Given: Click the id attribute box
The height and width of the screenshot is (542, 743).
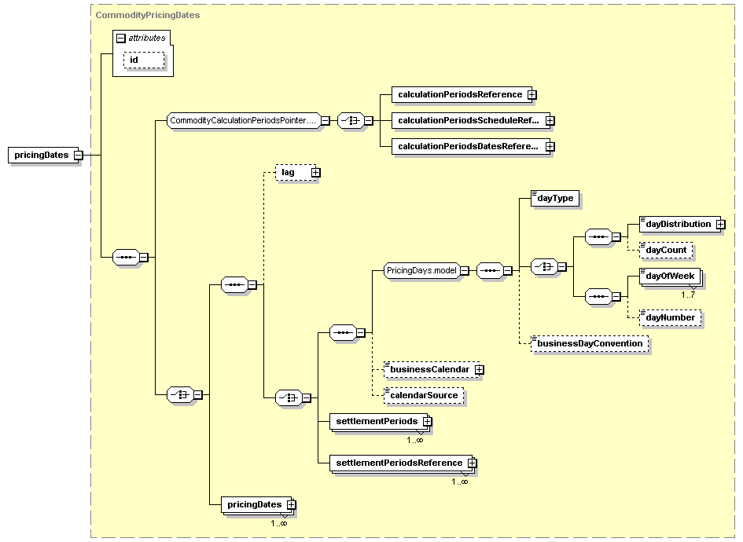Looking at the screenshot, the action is pyautogui.click(x=144, y=60).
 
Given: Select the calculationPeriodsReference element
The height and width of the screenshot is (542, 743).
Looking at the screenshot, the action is pyautogui.click(x=464, y=94).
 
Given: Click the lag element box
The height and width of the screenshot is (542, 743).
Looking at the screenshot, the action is pyautogui.click(x=297, y=172).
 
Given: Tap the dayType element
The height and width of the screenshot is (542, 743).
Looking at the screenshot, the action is pyautogui.click(x=555, y=198).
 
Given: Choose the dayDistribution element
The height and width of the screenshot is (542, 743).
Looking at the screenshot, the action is pyautogui.click(x=682, y=225).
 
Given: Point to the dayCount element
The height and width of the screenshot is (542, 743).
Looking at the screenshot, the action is pyautogui.click(x=666, y=251).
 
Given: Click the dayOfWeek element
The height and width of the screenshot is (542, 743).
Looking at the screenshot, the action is pyautogui.click(x=670, y=276).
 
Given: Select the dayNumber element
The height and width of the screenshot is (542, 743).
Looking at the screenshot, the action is pyautogui.click(x=670, y=317).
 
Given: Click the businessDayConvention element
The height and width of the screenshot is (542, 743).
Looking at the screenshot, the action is pyautogui.click(x=590, y=344).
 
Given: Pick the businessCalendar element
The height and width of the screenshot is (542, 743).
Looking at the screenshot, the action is pyautogui.click(x=433, y=370).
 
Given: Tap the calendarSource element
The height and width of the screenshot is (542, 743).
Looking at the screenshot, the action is pyautogui.click(x=424, y=396).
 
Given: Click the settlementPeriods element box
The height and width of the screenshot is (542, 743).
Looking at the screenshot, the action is pyautogui.click(x=381, y=421).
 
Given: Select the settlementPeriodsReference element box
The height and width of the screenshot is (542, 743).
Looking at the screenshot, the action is pyautogui.click(x=403, y=463).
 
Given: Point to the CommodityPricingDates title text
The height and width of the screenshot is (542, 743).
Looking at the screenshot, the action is pyautogui.click(x=148, y=15).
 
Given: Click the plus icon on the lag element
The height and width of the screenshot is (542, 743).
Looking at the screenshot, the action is pyautogui.click(x=315, y=173).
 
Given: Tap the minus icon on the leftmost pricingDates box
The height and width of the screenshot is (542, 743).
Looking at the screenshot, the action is pyautogui.click(x=79, y=156).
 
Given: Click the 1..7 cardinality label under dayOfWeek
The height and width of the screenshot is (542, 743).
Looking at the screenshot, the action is pyautogui.click(x=687, y=295).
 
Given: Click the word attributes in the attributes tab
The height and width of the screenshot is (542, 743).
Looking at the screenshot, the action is pyautogui.click(x=147, y=38).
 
